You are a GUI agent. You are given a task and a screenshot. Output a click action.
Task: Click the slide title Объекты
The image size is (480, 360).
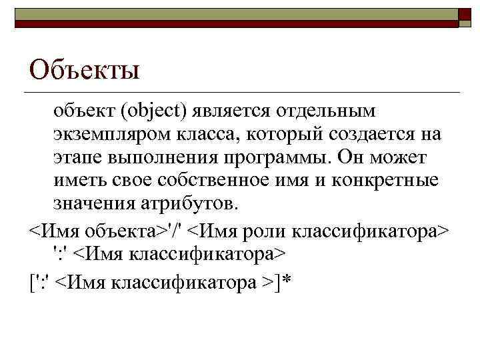pyautogui.click(x=85, y=69)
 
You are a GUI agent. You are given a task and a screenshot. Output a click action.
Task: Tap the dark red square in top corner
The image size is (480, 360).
pyautogui.click(x=465, y=17)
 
